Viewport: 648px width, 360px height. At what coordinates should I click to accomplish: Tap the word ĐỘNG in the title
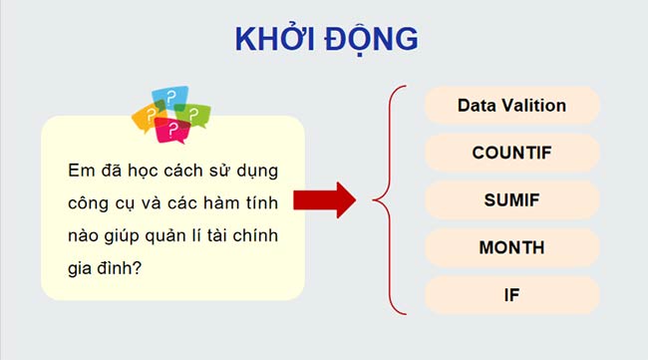point(372,38)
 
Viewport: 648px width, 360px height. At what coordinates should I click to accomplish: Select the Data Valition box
point(511,105)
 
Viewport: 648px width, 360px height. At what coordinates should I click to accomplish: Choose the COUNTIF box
point(511,153)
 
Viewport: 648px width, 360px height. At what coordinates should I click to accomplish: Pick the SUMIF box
point(511,200)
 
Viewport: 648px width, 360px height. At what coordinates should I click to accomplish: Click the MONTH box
point(511,247)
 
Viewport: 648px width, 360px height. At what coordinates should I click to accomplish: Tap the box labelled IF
point(511,295)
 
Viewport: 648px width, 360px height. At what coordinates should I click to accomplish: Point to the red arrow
point(325,199)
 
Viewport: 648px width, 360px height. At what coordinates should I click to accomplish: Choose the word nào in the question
point(85,235)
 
